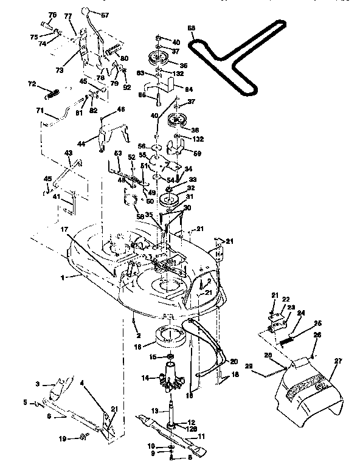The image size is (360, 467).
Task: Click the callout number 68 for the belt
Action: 192,28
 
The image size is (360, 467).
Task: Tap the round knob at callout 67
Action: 86,12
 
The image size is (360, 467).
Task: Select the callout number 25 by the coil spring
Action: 317,323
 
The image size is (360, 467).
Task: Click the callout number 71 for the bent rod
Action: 40,111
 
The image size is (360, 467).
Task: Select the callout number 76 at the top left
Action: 52,15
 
